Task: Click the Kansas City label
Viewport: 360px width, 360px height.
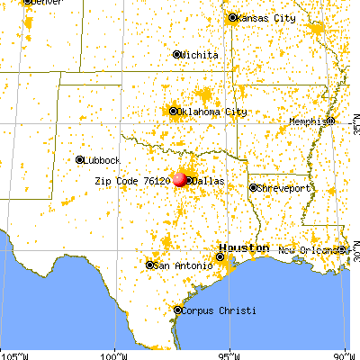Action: [265, 18]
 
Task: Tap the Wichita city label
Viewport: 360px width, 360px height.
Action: [200, 55]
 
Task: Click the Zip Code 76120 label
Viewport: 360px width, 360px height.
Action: [132, 180]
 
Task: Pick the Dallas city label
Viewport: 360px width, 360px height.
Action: [208, 181]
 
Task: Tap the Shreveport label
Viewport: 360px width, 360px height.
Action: [284, 188]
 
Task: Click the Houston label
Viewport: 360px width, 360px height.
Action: [245, 247]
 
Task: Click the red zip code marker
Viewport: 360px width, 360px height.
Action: [182, 180]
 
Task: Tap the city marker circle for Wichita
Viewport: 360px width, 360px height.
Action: [176, 55]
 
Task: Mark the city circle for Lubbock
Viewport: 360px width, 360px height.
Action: [80, 159]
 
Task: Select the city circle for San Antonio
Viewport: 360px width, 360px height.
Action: [149, 265]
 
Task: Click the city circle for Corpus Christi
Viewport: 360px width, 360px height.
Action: [177, 310]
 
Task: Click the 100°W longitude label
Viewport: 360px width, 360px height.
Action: [115, 355]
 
